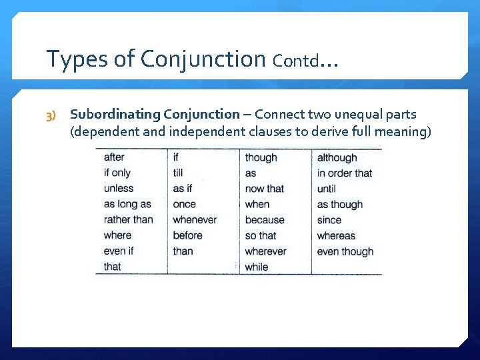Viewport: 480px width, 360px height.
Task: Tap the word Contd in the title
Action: click(x=294, y=61)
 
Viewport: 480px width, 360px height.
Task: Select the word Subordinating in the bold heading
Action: click(x=115, y=115)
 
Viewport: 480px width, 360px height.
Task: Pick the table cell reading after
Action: click(x=114, y=157)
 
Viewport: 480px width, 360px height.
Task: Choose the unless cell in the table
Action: click(x=119, y=189)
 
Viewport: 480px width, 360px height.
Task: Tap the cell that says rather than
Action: click(x=128, y=219)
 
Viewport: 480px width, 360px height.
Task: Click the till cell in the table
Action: click(x=178, y=173)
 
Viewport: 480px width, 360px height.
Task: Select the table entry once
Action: click(x=184, y=204)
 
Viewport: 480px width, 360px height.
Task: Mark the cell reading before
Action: click(x=187, y=235)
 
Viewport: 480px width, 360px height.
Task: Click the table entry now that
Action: click(x=264, y=189)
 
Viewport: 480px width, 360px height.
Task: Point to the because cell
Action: click(x=264, y=219)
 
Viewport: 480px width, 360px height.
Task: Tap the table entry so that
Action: click(x=260, y=235)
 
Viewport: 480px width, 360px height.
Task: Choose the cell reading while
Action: click(x=256, y=267)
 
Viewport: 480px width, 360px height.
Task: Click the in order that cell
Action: click(x=344, y=173)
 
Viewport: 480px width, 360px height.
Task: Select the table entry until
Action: click(x=326, y=189)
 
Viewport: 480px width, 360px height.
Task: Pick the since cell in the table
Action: click(x=329, y=219)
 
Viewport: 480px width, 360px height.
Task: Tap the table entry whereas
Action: click(x=336, y=235)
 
